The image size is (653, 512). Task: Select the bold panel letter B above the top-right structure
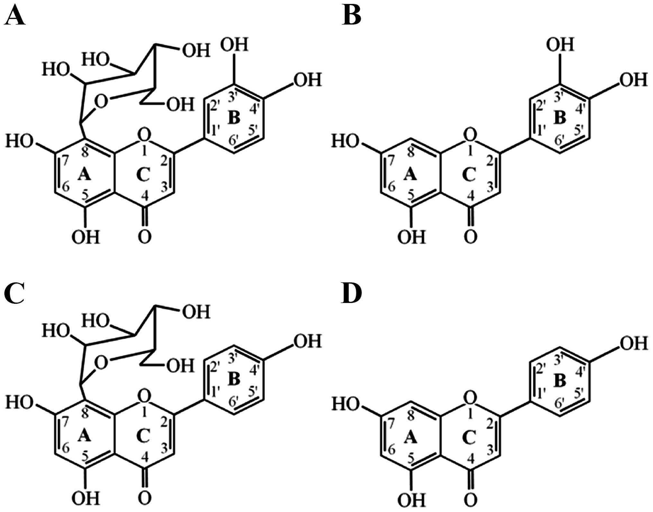(351, 16)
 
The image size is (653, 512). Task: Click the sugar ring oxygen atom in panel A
(101, 102)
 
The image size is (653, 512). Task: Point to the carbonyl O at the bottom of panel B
(470, 237)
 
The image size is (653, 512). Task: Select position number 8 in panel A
(85, 153)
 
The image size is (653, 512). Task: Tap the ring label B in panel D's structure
(560, 381)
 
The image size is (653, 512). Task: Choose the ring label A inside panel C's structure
(84, 436)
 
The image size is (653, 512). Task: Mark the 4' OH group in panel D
(633, 344)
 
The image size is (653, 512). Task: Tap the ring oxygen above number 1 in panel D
(470, 399)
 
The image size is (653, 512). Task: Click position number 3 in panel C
(165, 449)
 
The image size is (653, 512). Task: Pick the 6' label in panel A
(234, 141)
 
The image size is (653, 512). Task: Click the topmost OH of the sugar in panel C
(196, 312)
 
